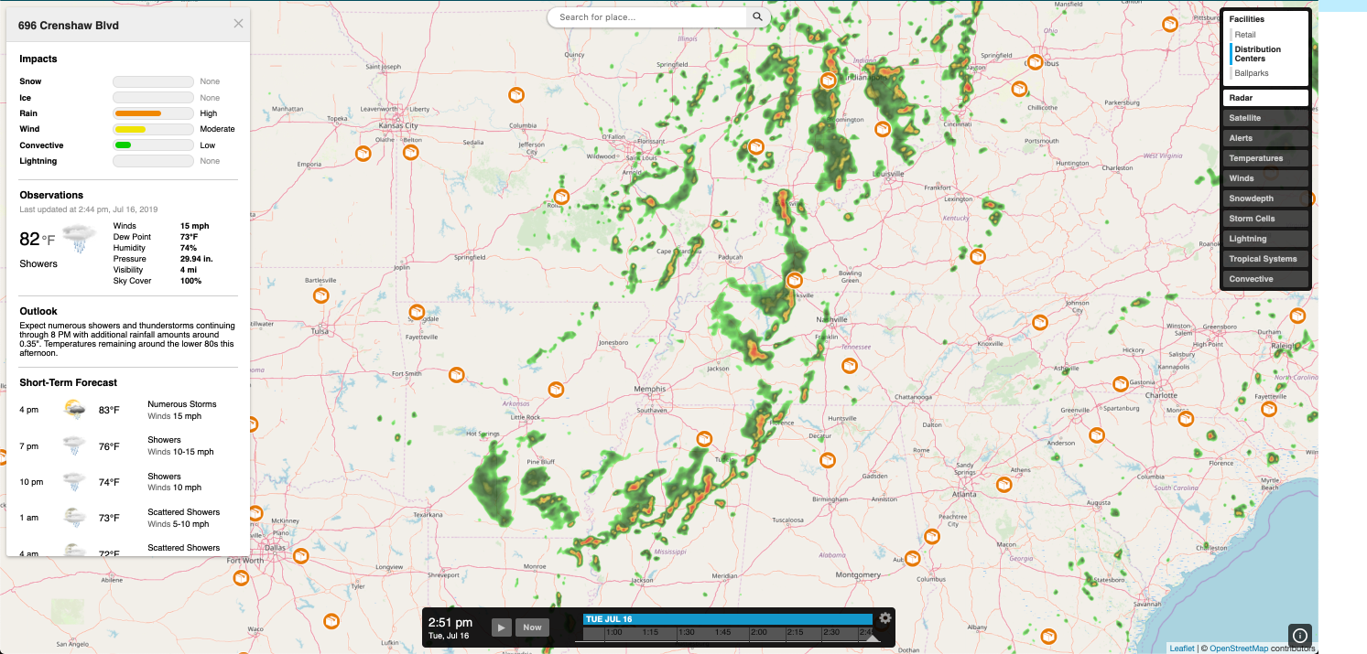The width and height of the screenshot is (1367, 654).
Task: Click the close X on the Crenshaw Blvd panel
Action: tap(238, 24)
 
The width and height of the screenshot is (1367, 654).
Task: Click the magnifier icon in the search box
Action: tap(757, 17)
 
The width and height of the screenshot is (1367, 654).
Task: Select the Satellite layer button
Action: tap(1264, 118)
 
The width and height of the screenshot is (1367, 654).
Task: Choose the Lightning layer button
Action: tap(1264, 239)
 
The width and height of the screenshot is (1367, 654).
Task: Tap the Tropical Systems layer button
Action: tap(1264, 259)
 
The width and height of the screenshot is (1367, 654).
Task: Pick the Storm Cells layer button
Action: tap(1264, 219)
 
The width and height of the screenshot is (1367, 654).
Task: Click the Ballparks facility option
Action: tap(1251, 73)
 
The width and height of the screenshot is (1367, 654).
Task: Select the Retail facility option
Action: tap(1244, 35)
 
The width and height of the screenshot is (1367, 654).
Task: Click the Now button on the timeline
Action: tap(533, 627)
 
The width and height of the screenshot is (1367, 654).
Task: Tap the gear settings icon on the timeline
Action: tap(884, 618)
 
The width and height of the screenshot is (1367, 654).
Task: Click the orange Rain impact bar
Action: tap(138, 113)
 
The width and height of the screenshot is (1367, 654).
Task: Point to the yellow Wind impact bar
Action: tap(131, 129)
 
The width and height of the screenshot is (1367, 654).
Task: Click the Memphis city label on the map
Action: tap(649, 389)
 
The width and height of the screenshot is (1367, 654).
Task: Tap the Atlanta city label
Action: tap(964, 495)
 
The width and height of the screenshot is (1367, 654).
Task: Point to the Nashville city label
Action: tap(832, 319)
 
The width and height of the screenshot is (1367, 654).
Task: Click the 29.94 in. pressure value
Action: tap(196, 259)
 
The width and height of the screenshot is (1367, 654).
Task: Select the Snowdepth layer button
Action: tap(1264, 198)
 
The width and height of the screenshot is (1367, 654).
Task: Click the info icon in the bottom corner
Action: tap(1299, 635)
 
